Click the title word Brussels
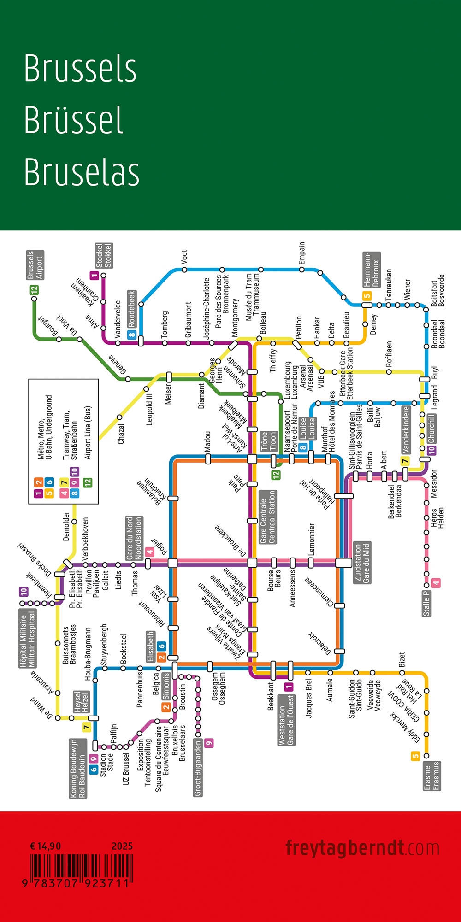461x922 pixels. tap(80, 68)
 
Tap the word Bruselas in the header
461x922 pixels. tap(82, 172)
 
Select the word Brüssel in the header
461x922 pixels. tap(74, 120)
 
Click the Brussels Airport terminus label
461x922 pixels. tap(35, 265)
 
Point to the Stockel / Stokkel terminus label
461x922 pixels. tap(104, 255)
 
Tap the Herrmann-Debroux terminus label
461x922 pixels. tap(371, 270)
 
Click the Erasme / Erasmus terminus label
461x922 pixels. tap(431, 775)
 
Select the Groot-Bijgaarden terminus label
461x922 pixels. tap(198, 768)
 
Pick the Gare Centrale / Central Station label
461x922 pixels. tap(268, 517)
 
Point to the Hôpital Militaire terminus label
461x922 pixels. tap(28, 638)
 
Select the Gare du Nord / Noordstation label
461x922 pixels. tap(134, 538)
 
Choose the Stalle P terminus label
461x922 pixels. tap(426, 603)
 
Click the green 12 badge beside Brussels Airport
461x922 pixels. tap(34, 290)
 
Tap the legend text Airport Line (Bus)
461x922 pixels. tap(88, 433)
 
